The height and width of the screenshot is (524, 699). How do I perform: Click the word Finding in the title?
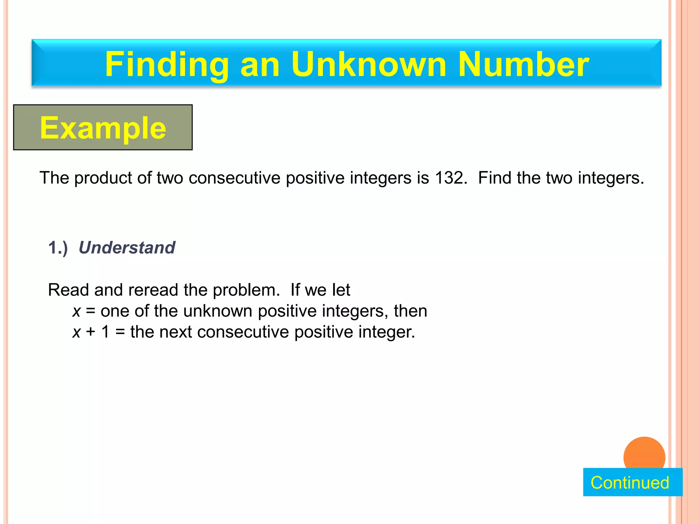[167, 64]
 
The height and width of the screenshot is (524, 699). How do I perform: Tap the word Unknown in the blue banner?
[369, 64]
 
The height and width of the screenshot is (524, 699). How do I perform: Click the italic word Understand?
[127, 247]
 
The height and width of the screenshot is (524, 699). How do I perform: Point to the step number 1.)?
[58, 247]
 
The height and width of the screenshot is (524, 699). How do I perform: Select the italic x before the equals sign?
[76, 311]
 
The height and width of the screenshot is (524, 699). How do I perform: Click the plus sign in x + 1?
[91, 332]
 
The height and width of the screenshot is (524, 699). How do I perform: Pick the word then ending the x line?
[411, 311]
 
